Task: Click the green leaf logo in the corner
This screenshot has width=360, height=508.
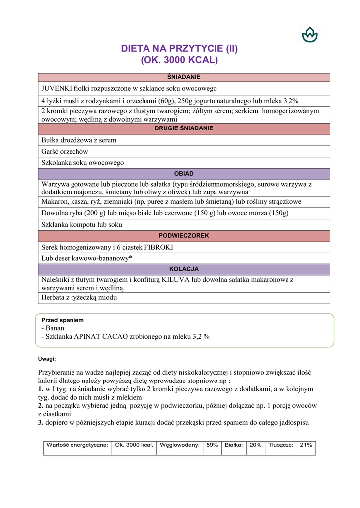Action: point(309,34)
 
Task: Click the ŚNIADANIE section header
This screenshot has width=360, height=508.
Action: point(184,77)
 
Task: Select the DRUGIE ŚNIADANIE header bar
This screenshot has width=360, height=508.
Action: point(184,128)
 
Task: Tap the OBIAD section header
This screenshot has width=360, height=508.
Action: point(184,174)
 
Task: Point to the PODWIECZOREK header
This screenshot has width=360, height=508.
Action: point(184,236)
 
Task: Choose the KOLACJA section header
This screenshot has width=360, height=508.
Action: point(184,269)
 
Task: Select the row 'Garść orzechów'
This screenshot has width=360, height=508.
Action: point(65,151)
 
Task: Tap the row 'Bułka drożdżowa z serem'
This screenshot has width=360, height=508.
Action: point(78,140)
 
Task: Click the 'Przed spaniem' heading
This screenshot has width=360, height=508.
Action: point(63,320)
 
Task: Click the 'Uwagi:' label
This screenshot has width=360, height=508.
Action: point(47,358)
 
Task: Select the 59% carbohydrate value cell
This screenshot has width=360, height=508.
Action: point(212,445)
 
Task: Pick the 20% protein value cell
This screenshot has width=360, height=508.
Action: point(255,445)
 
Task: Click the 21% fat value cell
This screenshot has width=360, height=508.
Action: point(306,445)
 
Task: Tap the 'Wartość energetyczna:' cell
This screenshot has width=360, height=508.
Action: point(77,445)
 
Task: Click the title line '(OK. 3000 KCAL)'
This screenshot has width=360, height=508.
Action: point(180,61)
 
